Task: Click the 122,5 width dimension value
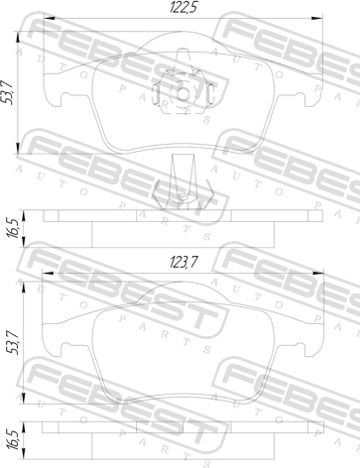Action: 182,7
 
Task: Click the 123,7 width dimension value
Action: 183,263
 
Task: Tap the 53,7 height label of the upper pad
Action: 7,92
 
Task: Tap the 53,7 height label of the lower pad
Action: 13,344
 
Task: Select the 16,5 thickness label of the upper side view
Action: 13,228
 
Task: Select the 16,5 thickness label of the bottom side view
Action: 13,439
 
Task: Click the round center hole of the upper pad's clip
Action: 182,94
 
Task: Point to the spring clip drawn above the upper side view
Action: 182,182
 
